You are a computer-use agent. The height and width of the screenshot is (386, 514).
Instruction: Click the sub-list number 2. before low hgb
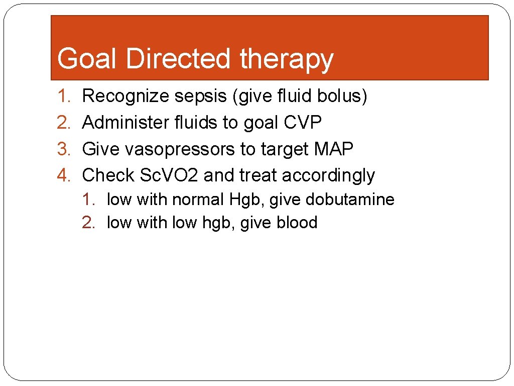(x=89, y=223)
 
